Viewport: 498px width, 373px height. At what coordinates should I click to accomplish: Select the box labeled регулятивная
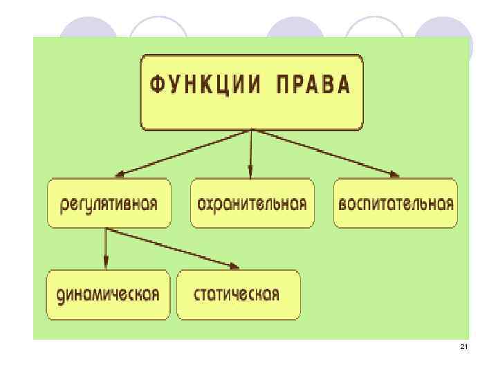pos(109,204)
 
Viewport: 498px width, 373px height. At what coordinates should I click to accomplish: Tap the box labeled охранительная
pos(252,204)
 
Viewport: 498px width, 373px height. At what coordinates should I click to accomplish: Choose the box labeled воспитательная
pos(396,204)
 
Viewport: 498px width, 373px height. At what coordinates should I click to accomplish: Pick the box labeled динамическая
pos(109,294)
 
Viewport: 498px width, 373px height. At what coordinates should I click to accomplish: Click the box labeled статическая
pos(237,294)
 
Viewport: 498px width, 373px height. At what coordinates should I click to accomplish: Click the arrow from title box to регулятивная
pos(184,152)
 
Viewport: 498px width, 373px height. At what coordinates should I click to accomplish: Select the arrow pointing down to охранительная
pos(251,152)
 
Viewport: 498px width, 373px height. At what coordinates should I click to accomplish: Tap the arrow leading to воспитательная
pos(325,152)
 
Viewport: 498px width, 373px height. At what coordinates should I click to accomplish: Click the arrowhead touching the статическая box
pos(235,266)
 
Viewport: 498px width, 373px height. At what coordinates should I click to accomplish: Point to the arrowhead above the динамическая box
pos(106,263)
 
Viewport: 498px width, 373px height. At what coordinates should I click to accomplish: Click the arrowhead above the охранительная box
pos(251,173)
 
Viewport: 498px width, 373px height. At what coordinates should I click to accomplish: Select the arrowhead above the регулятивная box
pos(120,174)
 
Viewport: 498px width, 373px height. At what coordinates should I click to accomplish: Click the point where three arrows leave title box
pos(252,130)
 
